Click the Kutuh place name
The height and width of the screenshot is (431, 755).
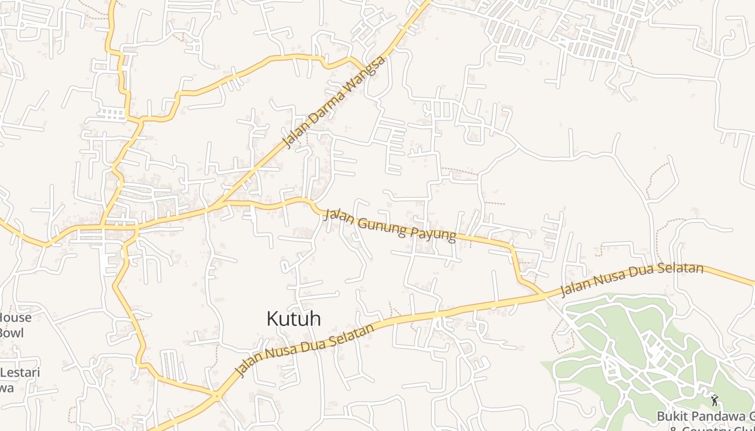[294, 318]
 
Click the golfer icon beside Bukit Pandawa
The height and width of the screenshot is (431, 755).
[715, 400]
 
